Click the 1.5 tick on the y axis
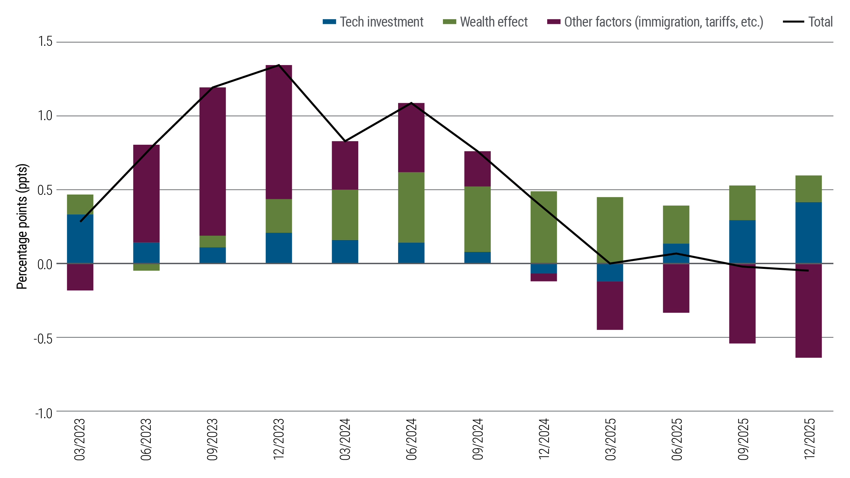(x=45, y=41)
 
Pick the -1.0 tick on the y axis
(x=44, y=414)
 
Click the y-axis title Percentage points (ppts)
(x=22, y=226)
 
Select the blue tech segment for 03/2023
(x=80, y=239)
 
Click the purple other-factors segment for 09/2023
(x=212, y=161)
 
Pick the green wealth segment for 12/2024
(x=544, y=227)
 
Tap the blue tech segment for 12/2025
(x=808, y=233)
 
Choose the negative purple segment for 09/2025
(x=742, y=303)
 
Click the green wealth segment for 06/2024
(x=411, y=207)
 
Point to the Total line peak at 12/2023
(x=279, y=65)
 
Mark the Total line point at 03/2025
(x=610, y=264)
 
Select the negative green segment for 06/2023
(x=146, y=268)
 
